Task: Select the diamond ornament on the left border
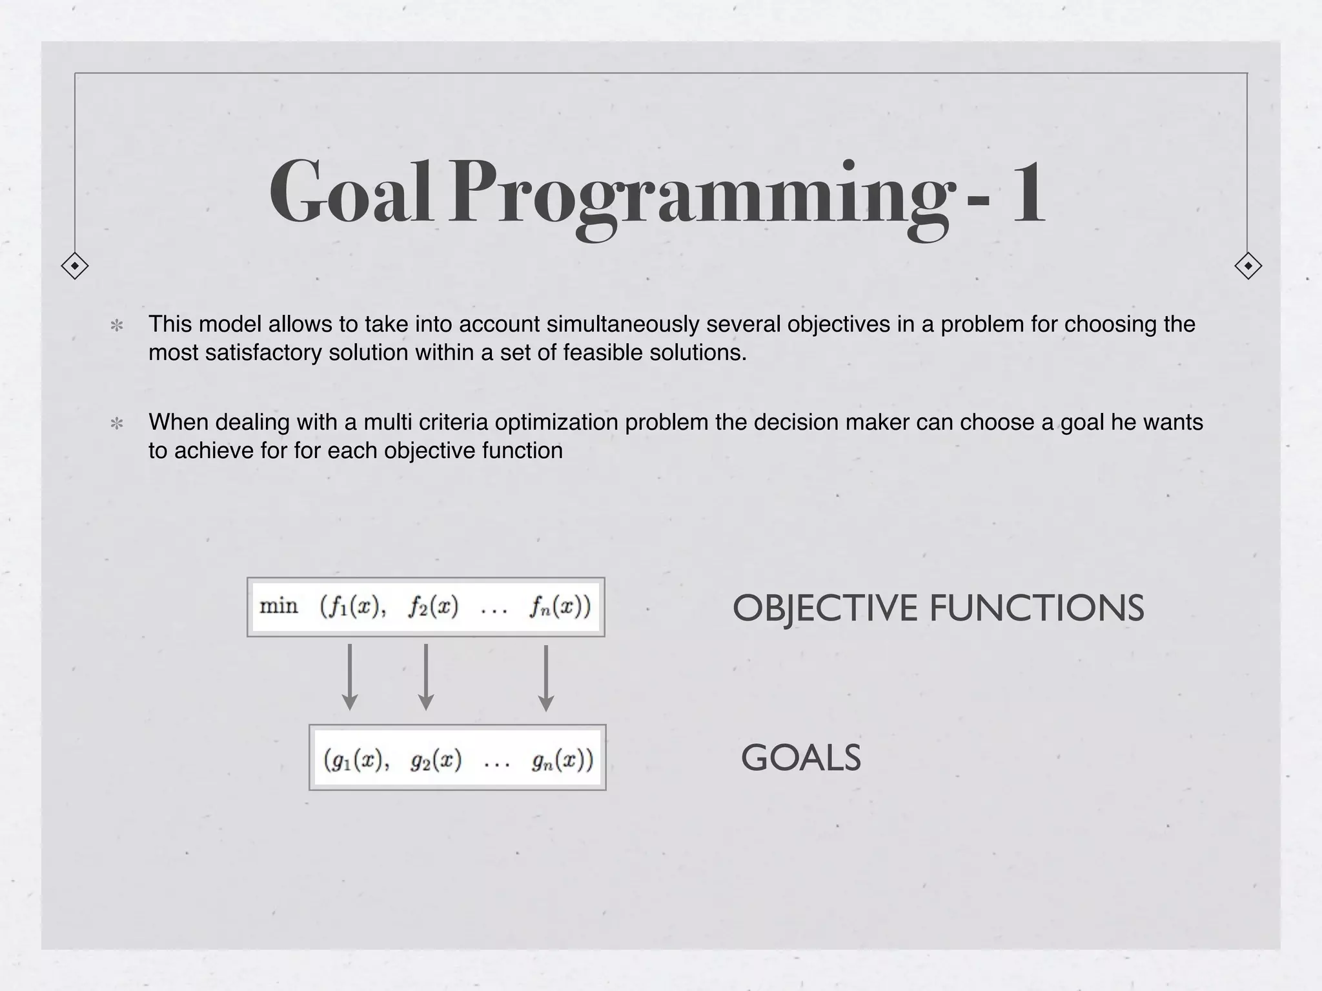tap(75, 266)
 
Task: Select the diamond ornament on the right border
tap(1248, 266)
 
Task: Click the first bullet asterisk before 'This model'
tap(117, 325)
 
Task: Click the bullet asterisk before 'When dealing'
tap(117, 424)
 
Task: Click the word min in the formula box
tap(279, 606)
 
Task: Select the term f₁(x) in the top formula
tap(351, 607)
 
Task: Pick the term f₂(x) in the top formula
tap(433, 607)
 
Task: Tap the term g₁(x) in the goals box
tap(354, 759)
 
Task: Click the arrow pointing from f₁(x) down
tap(350, 677)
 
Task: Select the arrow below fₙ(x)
tap(546, 677)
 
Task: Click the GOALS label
tap(800, 757)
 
